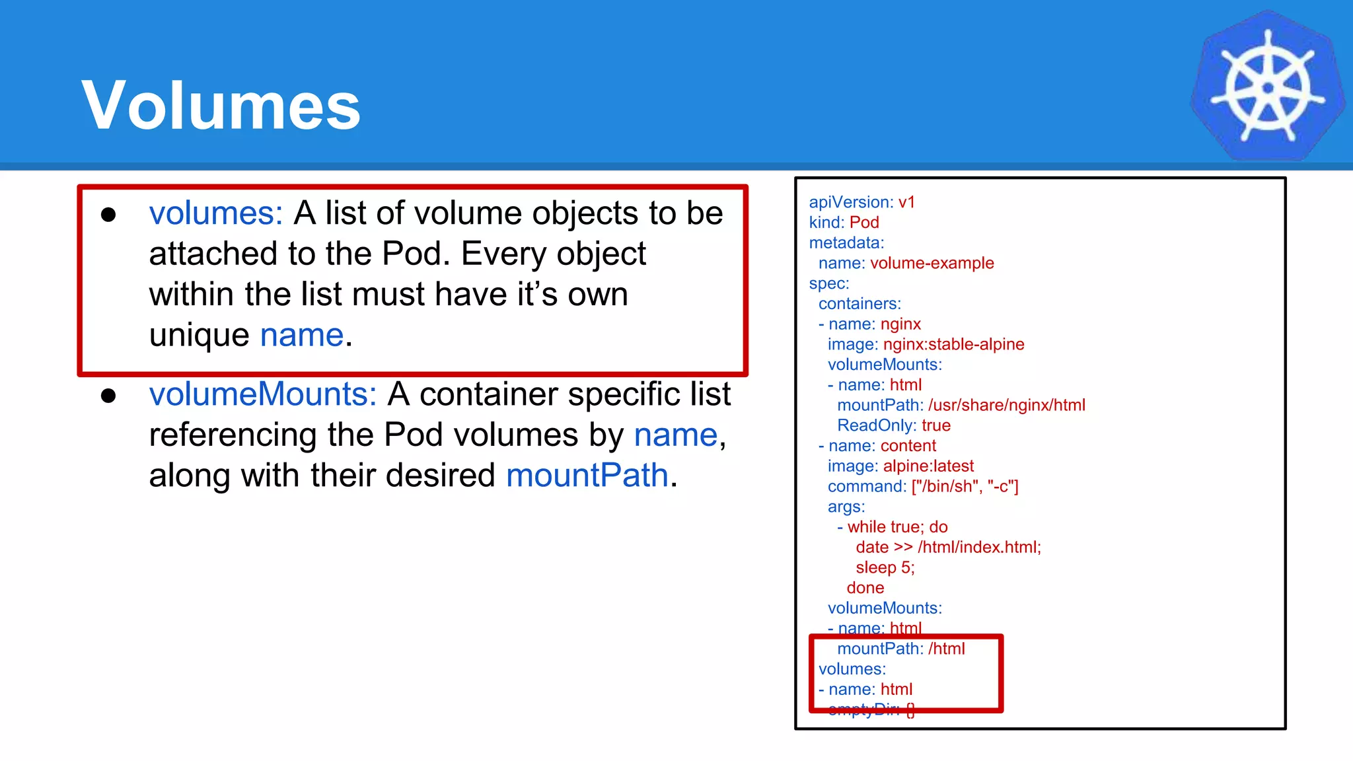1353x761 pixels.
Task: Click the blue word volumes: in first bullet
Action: [216, 213]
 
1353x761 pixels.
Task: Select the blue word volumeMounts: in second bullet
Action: [263, 394]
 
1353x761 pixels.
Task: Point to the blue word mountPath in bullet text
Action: [587, 476]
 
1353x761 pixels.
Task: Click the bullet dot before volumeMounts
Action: [108, 396]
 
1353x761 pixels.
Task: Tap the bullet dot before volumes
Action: [108, 215]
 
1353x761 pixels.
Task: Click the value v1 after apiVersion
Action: [906, 202]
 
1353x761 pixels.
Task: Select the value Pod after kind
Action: [864, 223]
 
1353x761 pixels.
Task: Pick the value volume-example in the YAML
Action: [932, 263]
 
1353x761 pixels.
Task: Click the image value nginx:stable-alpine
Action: [953, 344]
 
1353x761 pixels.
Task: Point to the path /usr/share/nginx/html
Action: [1006, 405]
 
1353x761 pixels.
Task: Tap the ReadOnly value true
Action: [936, 425]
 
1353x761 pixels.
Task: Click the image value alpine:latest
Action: [928, 466]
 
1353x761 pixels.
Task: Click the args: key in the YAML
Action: [846, 507]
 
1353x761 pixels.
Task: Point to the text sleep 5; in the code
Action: [885, 567]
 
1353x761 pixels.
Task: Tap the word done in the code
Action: [865, 588]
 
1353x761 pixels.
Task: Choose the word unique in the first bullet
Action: [199, 336]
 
